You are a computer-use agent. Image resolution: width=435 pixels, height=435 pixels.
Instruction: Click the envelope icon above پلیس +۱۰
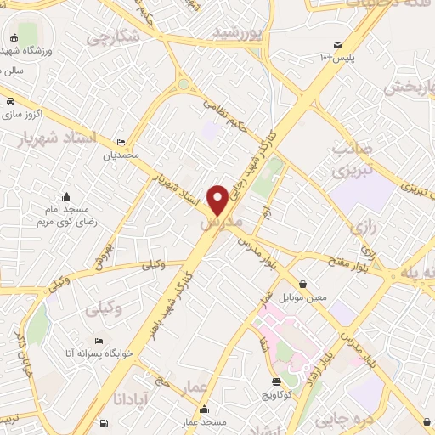tap(338, 44)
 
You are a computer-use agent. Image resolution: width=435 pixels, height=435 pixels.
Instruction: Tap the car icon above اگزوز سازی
tap(9, 102)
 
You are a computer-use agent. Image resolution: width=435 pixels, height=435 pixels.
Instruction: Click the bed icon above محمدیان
tap(121, 142)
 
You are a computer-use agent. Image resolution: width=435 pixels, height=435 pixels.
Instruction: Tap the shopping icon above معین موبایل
tap(303, 283)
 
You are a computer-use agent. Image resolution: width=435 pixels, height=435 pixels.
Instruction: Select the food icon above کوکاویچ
tap(275, 381)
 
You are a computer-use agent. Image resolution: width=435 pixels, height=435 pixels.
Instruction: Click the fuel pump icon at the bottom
tap(104, 422)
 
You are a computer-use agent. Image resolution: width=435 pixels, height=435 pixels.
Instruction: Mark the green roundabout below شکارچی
tap(183, 84)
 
